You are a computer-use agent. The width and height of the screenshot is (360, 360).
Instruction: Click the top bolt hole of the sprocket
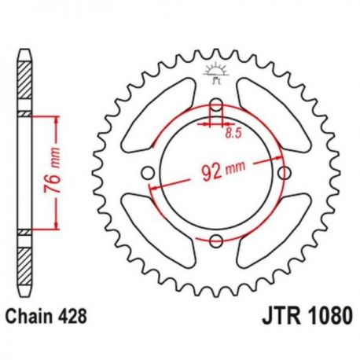tap(216, 105)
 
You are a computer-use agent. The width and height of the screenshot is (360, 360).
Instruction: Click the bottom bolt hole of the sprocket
tap(216, 241)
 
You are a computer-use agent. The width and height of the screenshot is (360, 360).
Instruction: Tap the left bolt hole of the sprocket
tap(148, 173)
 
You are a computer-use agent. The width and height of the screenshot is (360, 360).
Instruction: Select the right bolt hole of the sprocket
tap(285, 173)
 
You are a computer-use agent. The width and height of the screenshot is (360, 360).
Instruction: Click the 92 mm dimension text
tap(223, 171)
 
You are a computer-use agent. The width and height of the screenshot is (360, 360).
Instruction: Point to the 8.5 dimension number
tap(233, 134)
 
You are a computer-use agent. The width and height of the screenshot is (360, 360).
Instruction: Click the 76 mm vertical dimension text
tap(52, 171)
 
